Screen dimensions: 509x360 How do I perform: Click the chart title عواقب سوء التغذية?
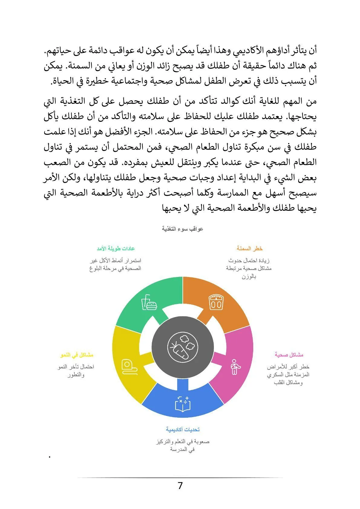(182, 229)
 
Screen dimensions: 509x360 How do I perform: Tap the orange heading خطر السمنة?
(250, 249)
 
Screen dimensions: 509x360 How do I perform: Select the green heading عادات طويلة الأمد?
(116, 249)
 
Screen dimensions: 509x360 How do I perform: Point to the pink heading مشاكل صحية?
(289, 355)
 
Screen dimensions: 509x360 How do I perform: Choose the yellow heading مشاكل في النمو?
(77, 355)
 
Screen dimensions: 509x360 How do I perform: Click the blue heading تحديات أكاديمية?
(183, 429)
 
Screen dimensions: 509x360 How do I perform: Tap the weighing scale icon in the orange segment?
(216, 302)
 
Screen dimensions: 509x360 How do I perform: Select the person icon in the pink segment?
(234, 367)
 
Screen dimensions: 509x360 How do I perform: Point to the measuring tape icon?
(129, 367)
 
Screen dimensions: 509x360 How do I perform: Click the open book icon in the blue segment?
(183, 403)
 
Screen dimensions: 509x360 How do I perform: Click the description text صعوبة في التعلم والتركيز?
(183, 442)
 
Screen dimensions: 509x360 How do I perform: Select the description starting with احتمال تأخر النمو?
(76, 367)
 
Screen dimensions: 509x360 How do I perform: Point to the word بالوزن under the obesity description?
(249, 276)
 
